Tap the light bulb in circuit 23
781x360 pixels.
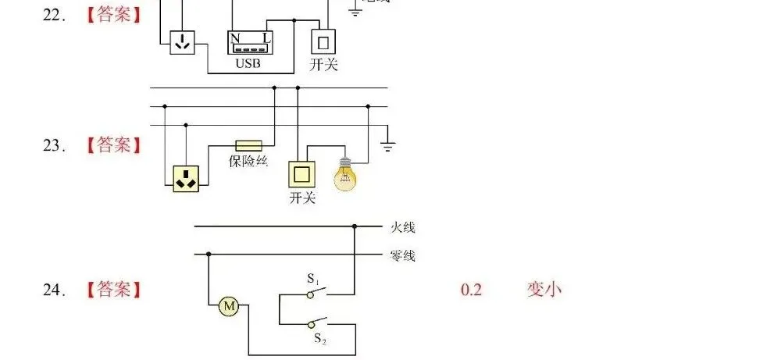(x=344, y=176)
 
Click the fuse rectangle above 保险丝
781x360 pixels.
(x=249, y=145)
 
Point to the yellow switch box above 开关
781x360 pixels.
(x=302, y=174)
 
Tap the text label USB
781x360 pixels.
(x=248, y=63)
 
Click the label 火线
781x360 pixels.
(x=403, y=228)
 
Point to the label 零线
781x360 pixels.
(x=403, y=256)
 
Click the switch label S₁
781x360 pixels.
(x=313, y=279)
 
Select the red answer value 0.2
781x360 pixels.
(x=471, y=290)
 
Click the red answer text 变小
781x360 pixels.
(x=544, y=290)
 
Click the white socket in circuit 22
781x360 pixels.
(x=182, y=42)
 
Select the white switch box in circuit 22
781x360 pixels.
(x=323, y=41)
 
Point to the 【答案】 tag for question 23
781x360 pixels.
(x=114, y=145)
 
